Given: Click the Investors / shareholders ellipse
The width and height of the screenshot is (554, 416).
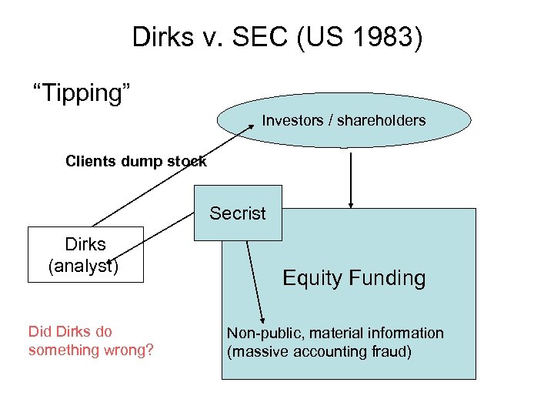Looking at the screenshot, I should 343,121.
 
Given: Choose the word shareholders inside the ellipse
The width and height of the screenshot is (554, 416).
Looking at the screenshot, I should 384,120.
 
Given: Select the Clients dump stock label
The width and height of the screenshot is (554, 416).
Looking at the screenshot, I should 135,161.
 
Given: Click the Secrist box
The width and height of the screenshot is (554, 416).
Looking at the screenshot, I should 238,213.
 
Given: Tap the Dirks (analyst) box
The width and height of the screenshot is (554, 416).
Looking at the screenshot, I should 85,255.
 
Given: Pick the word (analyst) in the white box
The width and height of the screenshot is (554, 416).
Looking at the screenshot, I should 83,266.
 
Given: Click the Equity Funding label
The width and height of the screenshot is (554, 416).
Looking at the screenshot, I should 354,277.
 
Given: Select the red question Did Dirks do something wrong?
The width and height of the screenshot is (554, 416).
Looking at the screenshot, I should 91,341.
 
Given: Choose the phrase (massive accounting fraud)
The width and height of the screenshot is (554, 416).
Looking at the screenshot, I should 319,351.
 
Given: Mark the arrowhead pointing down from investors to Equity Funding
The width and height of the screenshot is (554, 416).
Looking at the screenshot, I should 351,205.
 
